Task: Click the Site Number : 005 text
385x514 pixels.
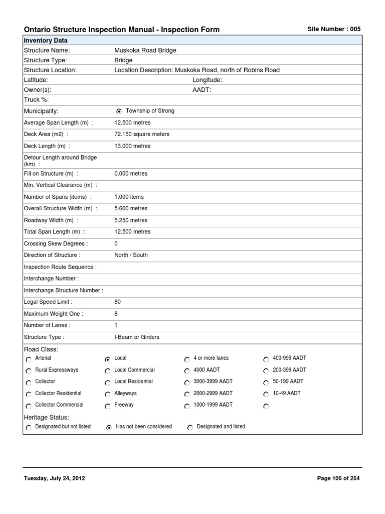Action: (x=333, y=29)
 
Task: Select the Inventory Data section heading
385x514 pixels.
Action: (x=46, y=40)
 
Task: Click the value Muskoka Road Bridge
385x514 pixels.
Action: (x=145, y=50)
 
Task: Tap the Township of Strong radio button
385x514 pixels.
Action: (x=119, y=111)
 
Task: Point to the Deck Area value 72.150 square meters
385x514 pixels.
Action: (x=142, y=134)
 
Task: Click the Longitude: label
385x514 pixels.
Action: (x=207, y=80)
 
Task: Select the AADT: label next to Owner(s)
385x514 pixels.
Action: (x=202, y=89)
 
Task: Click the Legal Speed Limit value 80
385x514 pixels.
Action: (x=118, y=302)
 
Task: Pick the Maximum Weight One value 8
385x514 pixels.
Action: (x=116, y=314)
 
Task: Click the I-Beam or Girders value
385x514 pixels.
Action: (x=137, y=337)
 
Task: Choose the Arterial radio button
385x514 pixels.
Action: (x=28, y=359)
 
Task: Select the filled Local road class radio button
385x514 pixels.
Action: (x=107, y=359)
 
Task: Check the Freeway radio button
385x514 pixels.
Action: (x=107, y=406)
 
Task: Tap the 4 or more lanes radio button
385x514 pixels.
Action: (x=187, y=359)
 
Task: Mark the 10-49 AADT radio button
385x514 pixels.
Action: (x=266, y=394)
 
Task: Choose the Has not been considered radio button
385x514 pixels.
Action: (x=109, y=427)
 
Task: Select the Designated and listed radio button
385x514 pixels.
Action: (x=190, y=427)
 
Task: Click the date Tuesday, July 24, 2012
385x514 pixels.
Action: (x=55, y=478)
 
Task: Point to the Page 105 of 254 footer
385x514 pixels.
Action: (x=338, y=478)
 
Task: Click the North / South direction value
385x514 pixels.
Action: (x=131, y=255)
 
